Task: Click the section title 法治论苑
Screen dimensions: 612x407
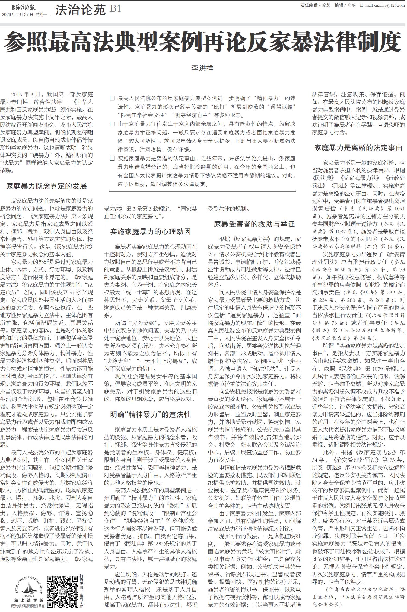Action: [x=80, y=10]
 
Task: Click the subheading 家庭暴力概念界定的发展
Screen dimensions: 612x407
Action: [x=47, y=186]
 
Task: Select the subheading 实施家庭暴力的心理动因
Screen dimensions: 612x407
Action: [x=150, y=231]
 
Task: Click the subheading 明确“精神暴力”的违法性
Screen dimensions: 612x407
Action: [x=150, y=414]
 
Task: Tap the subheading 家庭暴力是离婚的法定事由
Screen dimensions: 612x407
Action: [x=358, y=148]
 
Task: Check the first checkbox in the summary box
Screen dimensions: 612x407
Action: [x=112, y=98]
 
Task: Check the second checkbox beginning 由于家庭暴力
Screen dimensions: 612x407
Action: [x=112, y=124]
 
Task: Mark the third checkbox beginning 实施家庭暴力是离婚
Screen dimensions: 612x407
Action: [x=112, y=158]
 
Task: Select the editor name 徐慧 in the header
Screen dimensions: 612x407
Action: [x=326, y=5]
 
